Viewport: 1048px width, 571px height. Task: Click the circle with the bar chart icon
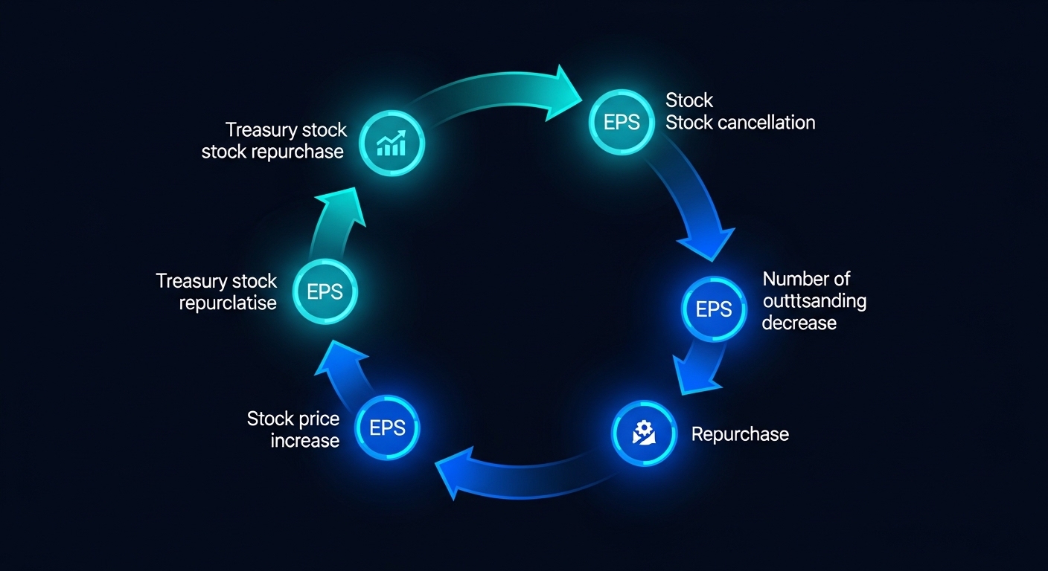pos(392,143)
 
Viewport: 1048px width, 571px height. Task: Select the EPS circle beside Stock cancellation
pos(622,122)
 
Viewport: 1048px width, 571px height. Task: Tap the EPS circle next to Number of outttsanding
pos(714,309)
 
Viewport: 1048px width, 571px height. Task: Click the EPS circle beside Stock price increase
pos(388,428)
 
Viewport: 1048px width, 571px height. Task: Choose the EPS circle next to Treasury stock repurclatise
pos(325,291)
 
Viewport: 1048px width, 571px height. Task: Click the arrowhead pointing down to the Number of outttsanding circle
pos(703,242)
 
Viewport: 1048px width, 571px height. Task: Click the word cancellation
pos(767,123)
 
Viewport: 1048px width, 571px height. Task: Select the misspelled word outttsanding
pos(814,301)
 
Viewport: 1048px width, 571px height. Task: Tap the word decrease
pos(799,323)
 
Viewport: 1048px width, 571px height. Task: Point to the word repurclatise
pos(228,303)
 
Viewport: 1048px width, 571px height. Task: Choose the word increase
pos(305,441)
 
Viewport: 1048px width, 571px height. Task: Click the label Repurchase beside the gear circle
pos(740,434)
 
